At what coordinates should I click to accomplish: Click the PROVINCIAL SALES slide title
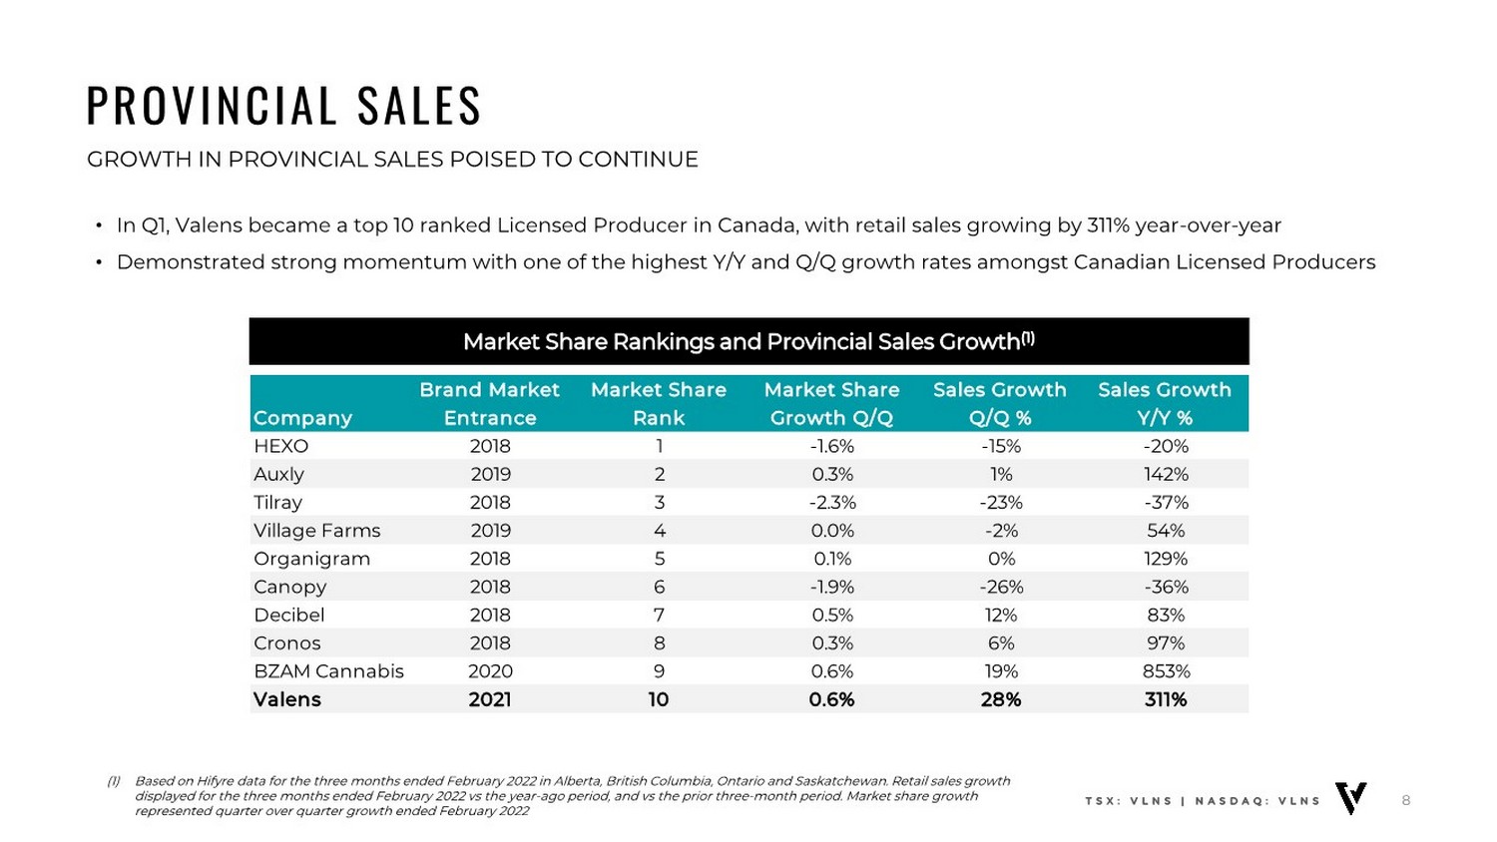284,106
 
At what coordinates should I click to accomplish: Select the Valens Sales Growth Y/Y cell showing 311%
1165,699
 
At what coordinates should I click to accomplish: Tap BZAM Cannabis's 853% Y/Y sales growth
1165,671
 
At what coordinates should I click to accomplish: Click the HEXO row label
281,446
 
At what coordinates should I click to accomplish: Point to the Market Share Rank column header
659,403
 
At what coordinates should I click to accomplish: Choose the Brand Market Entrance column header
489,403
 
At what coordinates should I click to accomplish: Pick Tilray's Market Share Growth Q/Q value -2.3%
832,502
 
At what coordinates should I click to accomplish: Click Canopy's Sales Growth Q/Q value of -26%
1000,587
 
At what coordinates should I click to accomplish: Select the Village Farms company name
317,531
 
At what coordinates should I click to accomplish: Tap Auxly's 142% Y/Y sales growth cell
1165,474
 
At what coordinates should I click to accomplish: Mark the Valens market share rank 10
659,699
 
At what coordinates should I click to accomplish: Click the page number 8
1406,800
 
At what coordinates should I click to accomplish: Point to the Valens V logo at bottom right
1351,798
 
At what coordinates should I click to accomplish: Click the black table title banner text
748,342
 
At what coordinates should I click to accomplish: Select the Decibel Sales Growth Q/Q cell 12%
1000,616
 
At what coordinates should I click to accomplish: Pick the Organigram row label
311,559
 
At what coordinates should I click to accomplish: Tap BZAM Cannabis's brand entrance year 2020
490,671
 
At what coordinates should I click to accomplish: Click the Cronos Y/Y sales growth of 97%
1165,643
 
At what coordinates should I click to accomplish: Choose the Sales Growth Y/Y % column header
1165,403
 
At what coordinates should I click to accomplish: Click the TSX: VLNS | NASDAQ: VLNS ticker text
1203,801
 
